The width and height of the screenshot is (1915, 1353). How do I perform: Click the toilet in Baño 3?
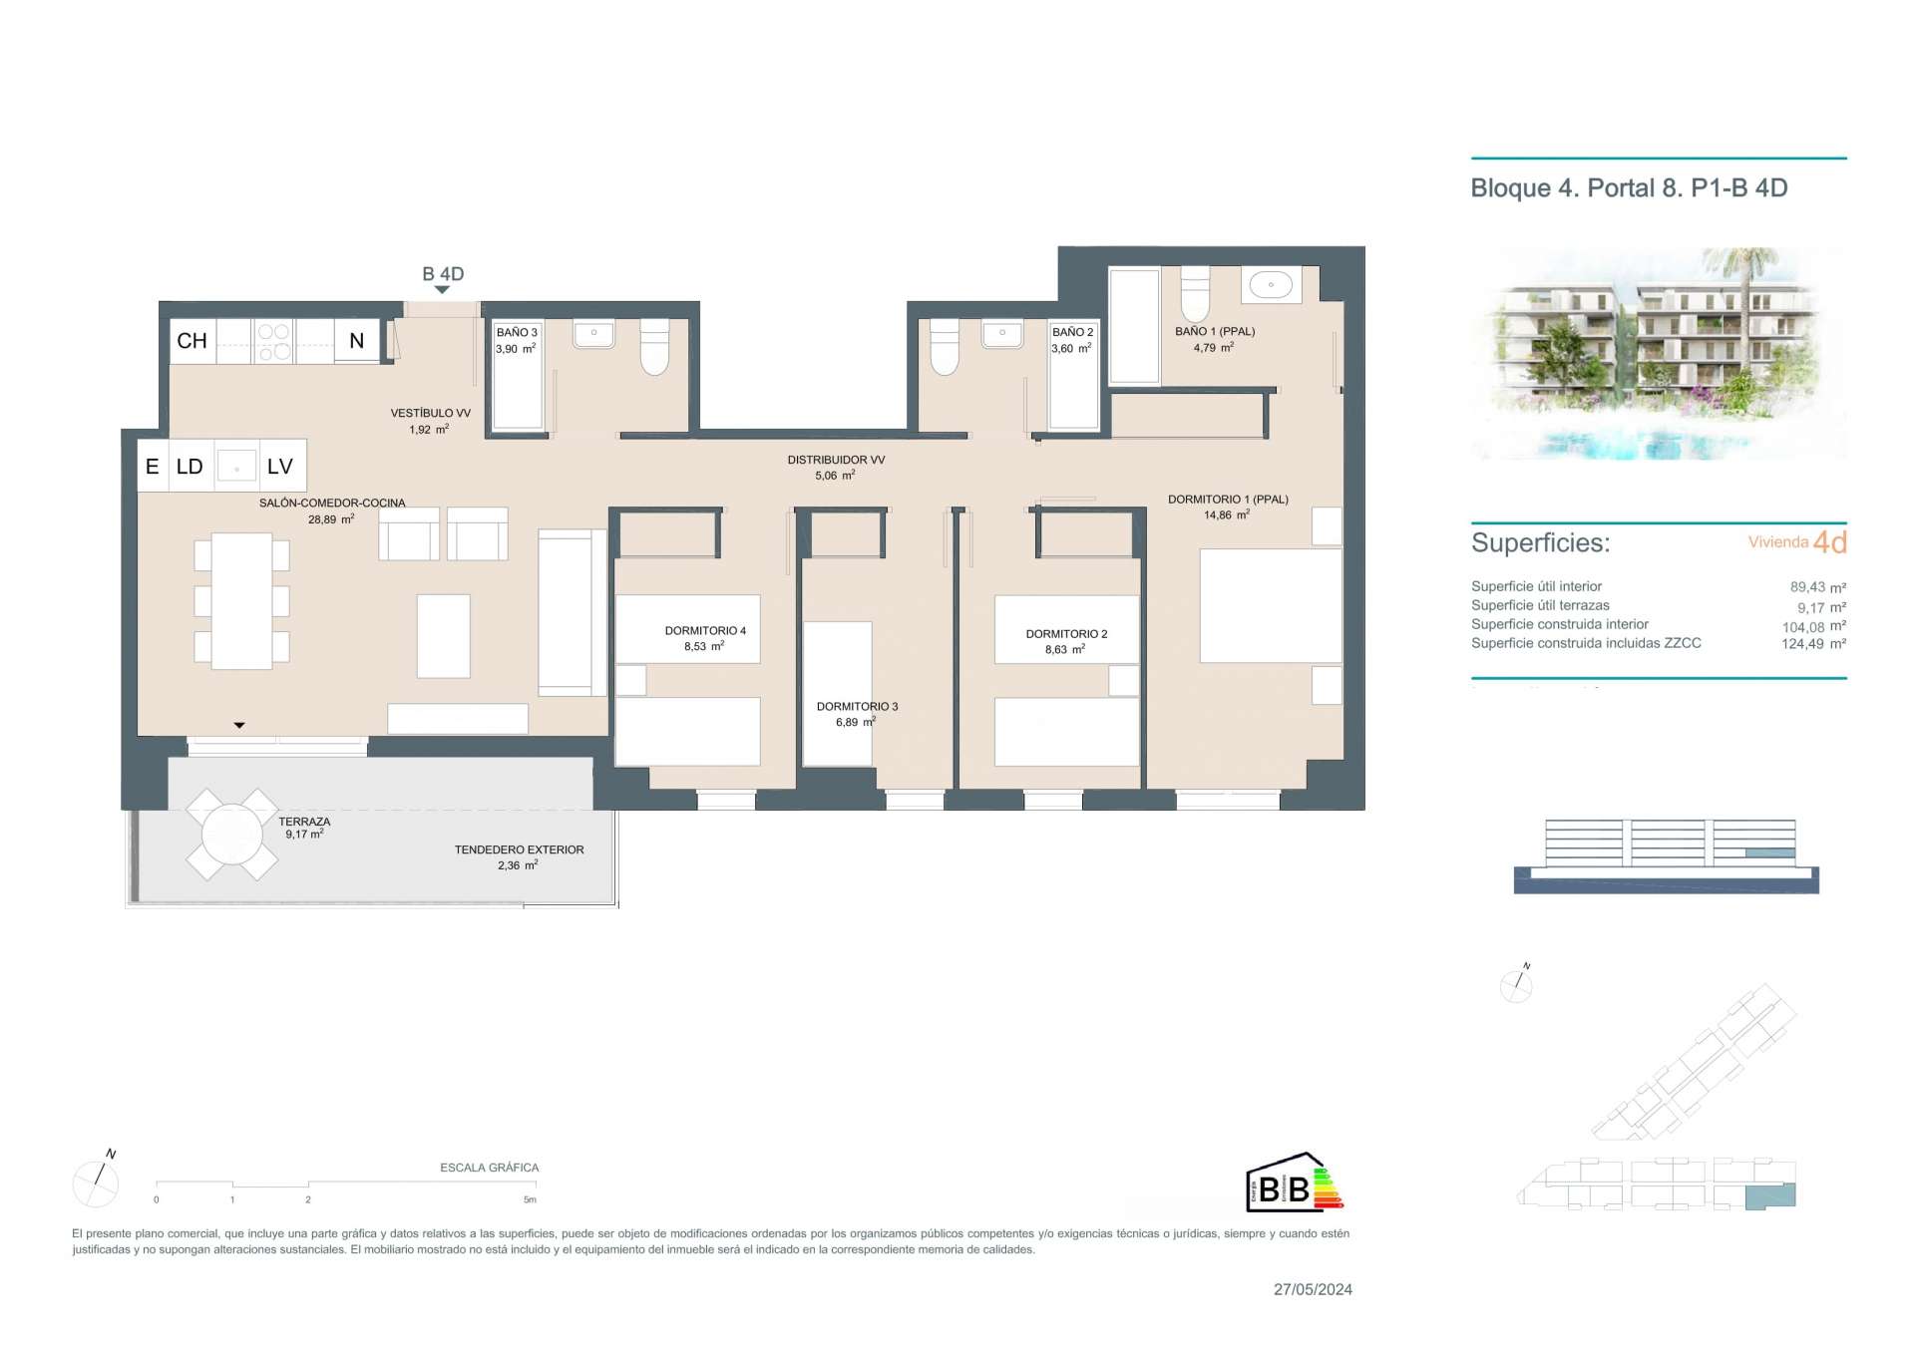coord(654,347)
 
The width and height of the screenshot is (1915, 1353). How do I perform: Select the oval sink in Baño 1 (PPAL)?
coord(1271,284)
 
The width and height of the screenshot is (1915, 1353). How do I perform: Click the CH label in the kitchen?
coord(191,341)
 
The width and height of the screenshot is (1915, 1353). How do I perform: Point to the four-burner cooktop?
coord(273,341)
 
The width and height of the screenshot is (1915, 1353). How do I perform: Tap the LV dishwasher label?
coord(279,466)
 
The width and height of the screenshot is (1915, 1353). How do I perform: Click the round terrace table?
coord(231,835)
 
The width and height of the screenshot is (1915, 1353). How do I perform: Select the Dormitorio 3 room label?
coord(857,707)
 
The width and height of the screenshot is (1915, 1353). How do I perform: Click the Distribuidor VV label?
coord(836,461)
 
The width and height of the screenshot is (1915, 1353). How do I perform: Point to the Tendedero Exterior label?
coord(519,850)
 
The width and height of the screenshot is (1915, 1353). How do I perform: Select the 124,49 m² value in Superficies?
coord(1813,644)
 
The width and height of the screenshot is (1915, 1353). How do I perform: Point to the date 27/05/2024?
coord(1313,1289)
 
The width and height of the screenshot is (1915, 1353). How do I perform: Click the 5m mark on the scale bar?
coord(531,1199)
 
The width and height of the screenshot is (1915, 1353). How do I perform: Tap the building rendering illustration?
coord(1659,354)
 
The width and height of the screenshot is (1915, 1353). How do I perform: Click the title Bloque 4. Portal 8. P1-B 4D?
coord(1629,188)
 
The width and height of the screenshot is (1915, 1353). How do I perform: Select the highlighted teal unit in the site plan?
coord(1769,1195)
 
